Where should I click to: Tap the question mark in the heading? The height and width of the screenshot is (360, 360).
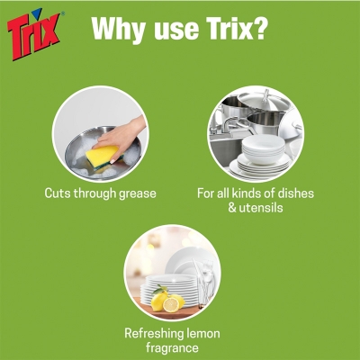[259, 30]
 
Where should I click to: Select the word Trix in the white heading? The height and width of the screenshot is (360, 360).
[225, 30]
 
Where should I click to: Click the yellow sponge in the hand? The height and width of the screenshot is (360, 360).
[102, 154]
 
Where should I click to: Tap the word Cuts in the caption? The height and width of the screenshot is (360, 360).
[59, 193]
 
